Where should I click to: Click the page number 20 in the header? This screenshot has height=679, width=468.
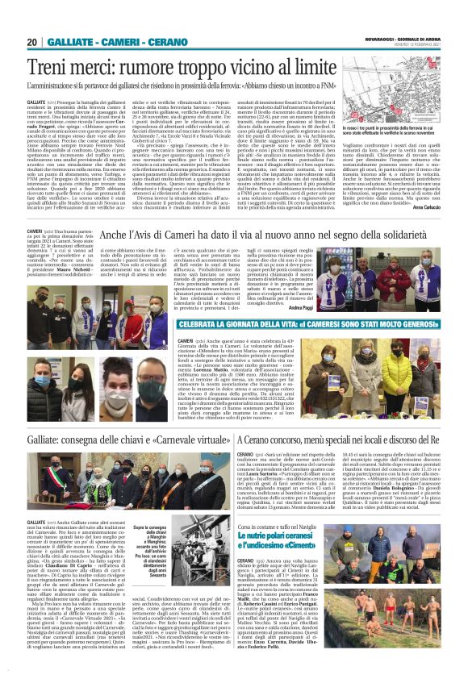[x=32, y=43]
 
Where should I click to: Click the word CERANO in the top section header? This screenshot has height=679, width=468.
[x=161, y=43]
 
